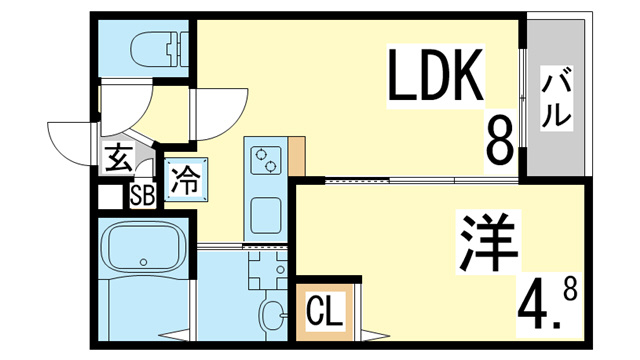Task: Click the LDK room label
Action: pyautogui.click(x=435, y=75)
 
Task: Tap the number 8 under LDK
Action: pyautogui.click(x=500, y=140)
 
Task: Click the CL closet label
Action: pyautogui.click(x=324, y=313)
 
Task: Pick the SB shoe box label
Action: pyautogui.click(x=142, y=196)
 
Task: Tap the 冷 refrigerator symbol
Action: pyautogui.click(x=186, y=180)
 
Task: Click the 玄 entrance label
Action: pyautogui.click(x=119, y=158)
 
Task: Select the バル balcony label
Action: pyautogui.click(x=556, y=98)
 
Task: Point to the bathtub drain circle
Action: pyautogui.click(x=143, y=262)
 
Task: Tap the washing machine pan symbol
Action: pyautogui.click(x=268, y=269)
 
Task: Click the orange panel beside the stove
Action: pyautogui.click(x=297, y=156)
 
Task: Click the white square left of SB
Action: pyautogui.click(x=110, y=197)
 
